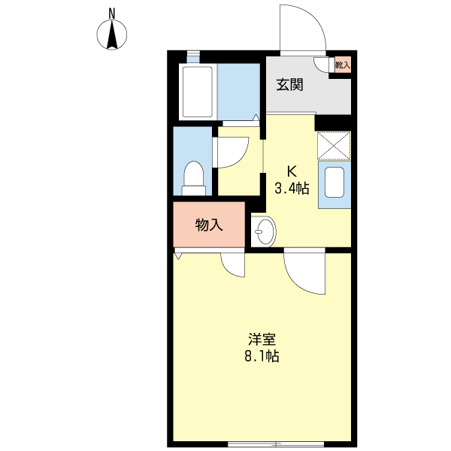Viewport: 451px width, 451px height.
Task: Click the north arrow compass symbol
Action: pos(113,35)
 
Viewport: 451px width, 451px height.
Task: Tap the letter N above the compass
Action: pos(113,12)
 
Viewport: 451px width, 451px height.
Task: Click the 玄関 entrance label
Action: pos(289,84)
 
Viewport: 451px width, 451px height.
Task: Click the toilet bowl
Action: pos(195,177)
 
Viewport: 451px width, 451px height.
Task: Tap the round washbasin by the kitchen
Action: pos(262,232)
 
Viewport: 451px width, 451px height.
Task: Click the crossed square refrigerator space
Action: pos(334,146)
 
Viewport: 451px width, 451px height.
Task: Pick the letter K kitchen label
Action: pos(290,170)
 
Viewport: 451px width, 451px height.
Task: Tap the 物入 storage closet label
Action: pos(209,225)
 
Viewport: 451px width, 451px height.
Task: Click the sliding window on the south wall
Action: pos(276,443)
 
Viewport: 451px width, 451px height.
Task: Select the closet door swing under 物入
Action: pos(233,265)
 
